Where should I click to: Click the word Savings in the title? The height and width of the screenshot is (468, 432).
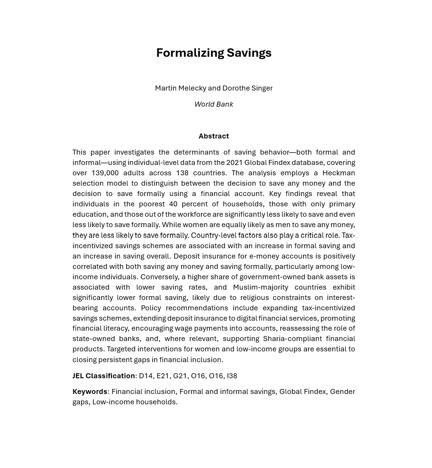(x=249, y=53)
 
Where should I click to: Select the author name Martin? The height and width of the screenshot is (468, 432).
(x=166, y=88)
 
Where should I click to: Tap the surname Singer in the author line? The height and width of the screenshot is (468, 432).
(x=262, y=88)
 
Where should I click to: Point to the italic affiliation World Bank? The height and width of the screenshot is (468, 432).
(x=214, y=104)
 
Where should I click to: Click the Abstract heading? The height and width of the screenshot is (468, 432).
(x=214, y=136)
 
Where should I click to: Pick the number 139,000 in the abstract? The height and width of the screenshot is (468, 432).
(x=105, y=173)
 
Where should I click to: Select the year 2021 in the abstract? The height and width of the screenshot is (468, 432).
(x=234, y=162)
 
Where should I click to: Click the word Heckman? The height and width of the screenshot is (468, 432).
(x=338, y=173)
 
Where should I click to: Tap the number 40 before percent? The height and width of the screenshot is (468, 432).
(x=173, y=204)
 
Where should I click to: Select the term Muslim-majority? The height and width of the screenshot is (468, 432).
(x=261, y=287)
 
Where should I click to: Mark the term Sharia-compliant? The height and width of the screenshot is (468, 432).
(x=292, y=338)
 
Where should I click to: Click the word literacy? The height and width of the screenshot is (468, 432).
(x=115, y=328)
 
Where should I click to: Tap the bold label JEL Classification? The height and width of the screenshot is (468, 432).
(x=104, y=376)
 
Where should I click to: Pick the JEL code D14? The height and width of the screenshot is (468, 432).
(x=146, y=376)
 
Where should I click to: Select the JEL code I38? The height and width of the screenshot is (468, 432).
(x=232, y=376)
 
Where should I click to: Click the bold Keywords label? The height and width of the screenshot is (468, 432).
(x=90, y=391)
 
